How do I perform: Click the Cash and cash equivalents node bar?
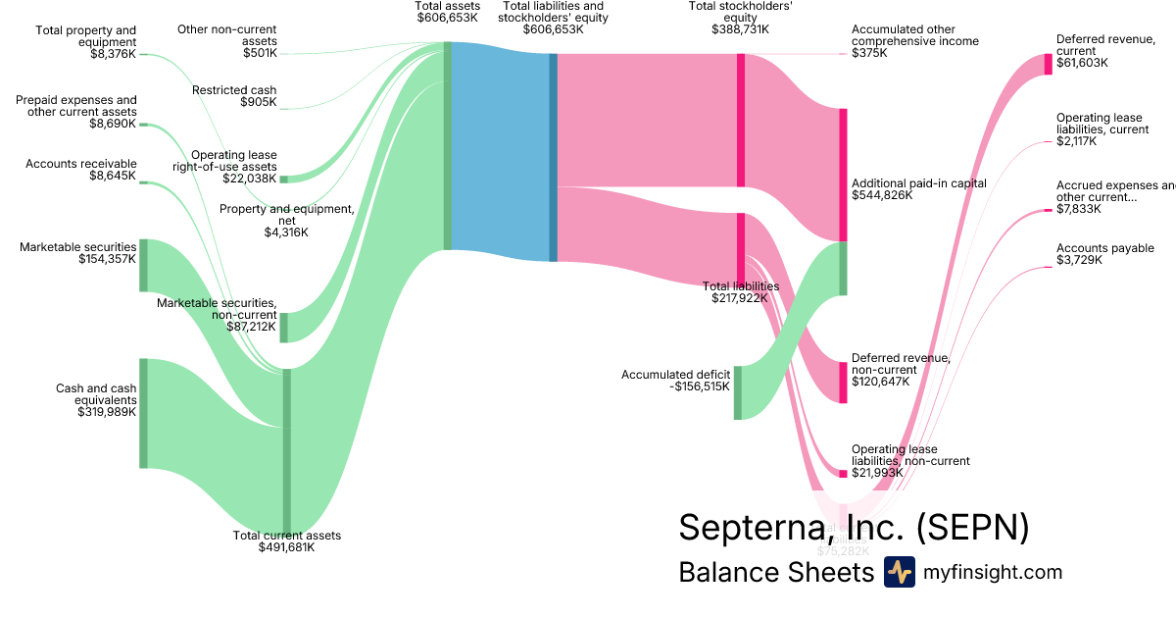click(143, 413)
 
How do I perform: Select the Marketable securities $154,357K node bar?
click(143, 265)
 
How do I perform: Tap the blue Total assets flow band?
click(500, 152)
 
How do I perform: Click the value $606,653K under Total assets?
click(447, 18)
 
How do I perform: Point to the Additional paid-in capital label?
click(918, 183)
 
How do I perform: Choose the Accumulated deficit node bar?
click(738, 392)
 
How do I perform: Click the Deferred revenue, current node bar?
click(1048, 64)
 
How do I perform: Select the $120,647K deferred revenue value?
click(882, 381)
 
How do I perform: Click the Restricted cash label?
click(234, 90)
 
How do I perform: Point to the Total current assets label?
click(286, 536)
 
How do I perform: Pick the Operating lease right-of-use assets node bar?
click(284, 179)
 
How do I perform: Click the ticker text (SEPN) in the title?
click(973, 527)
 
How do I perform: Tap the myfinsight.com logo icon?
click(899, 572)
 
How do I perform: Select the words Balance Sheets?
click(775, 572)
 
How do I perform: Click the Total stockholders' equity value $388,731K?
click(740, 29)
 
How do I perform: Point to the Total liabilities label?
click(740, 286)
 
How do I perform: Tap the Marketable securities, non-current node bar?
click(284, 328)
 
